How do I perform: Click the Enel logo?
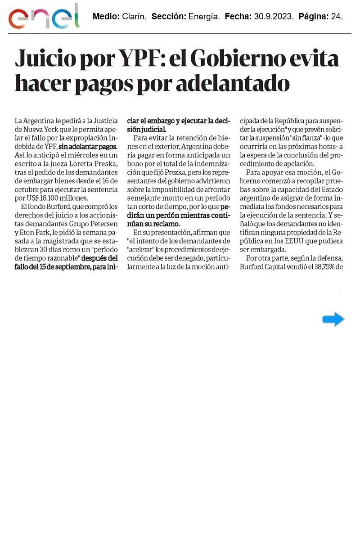tap(44, 17)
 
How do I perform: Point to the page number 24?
tap(337, 17)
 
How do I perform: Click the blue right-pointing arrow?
tap(333, 319)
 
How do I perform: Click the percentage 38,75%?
tap(322, 266)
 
